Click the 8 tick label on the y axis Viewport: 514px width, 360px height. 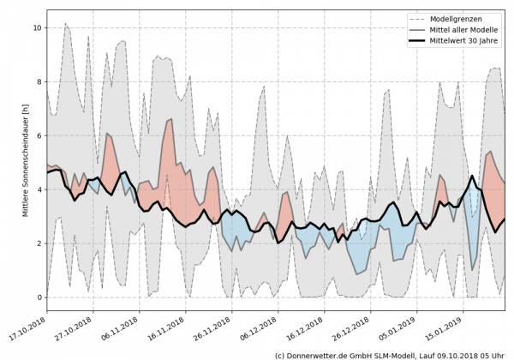point(37,82)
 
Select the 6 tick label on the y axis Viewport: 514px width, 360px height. point(37,136)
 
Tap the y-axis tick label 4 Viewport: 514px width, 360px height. point(37,190)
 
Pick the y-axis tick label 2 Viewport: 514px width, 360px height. point(37,243)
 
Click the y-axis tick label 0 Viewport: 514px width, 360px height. point(37,297)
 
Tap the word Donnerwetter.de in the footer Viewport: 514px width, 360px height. point(321,354)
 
